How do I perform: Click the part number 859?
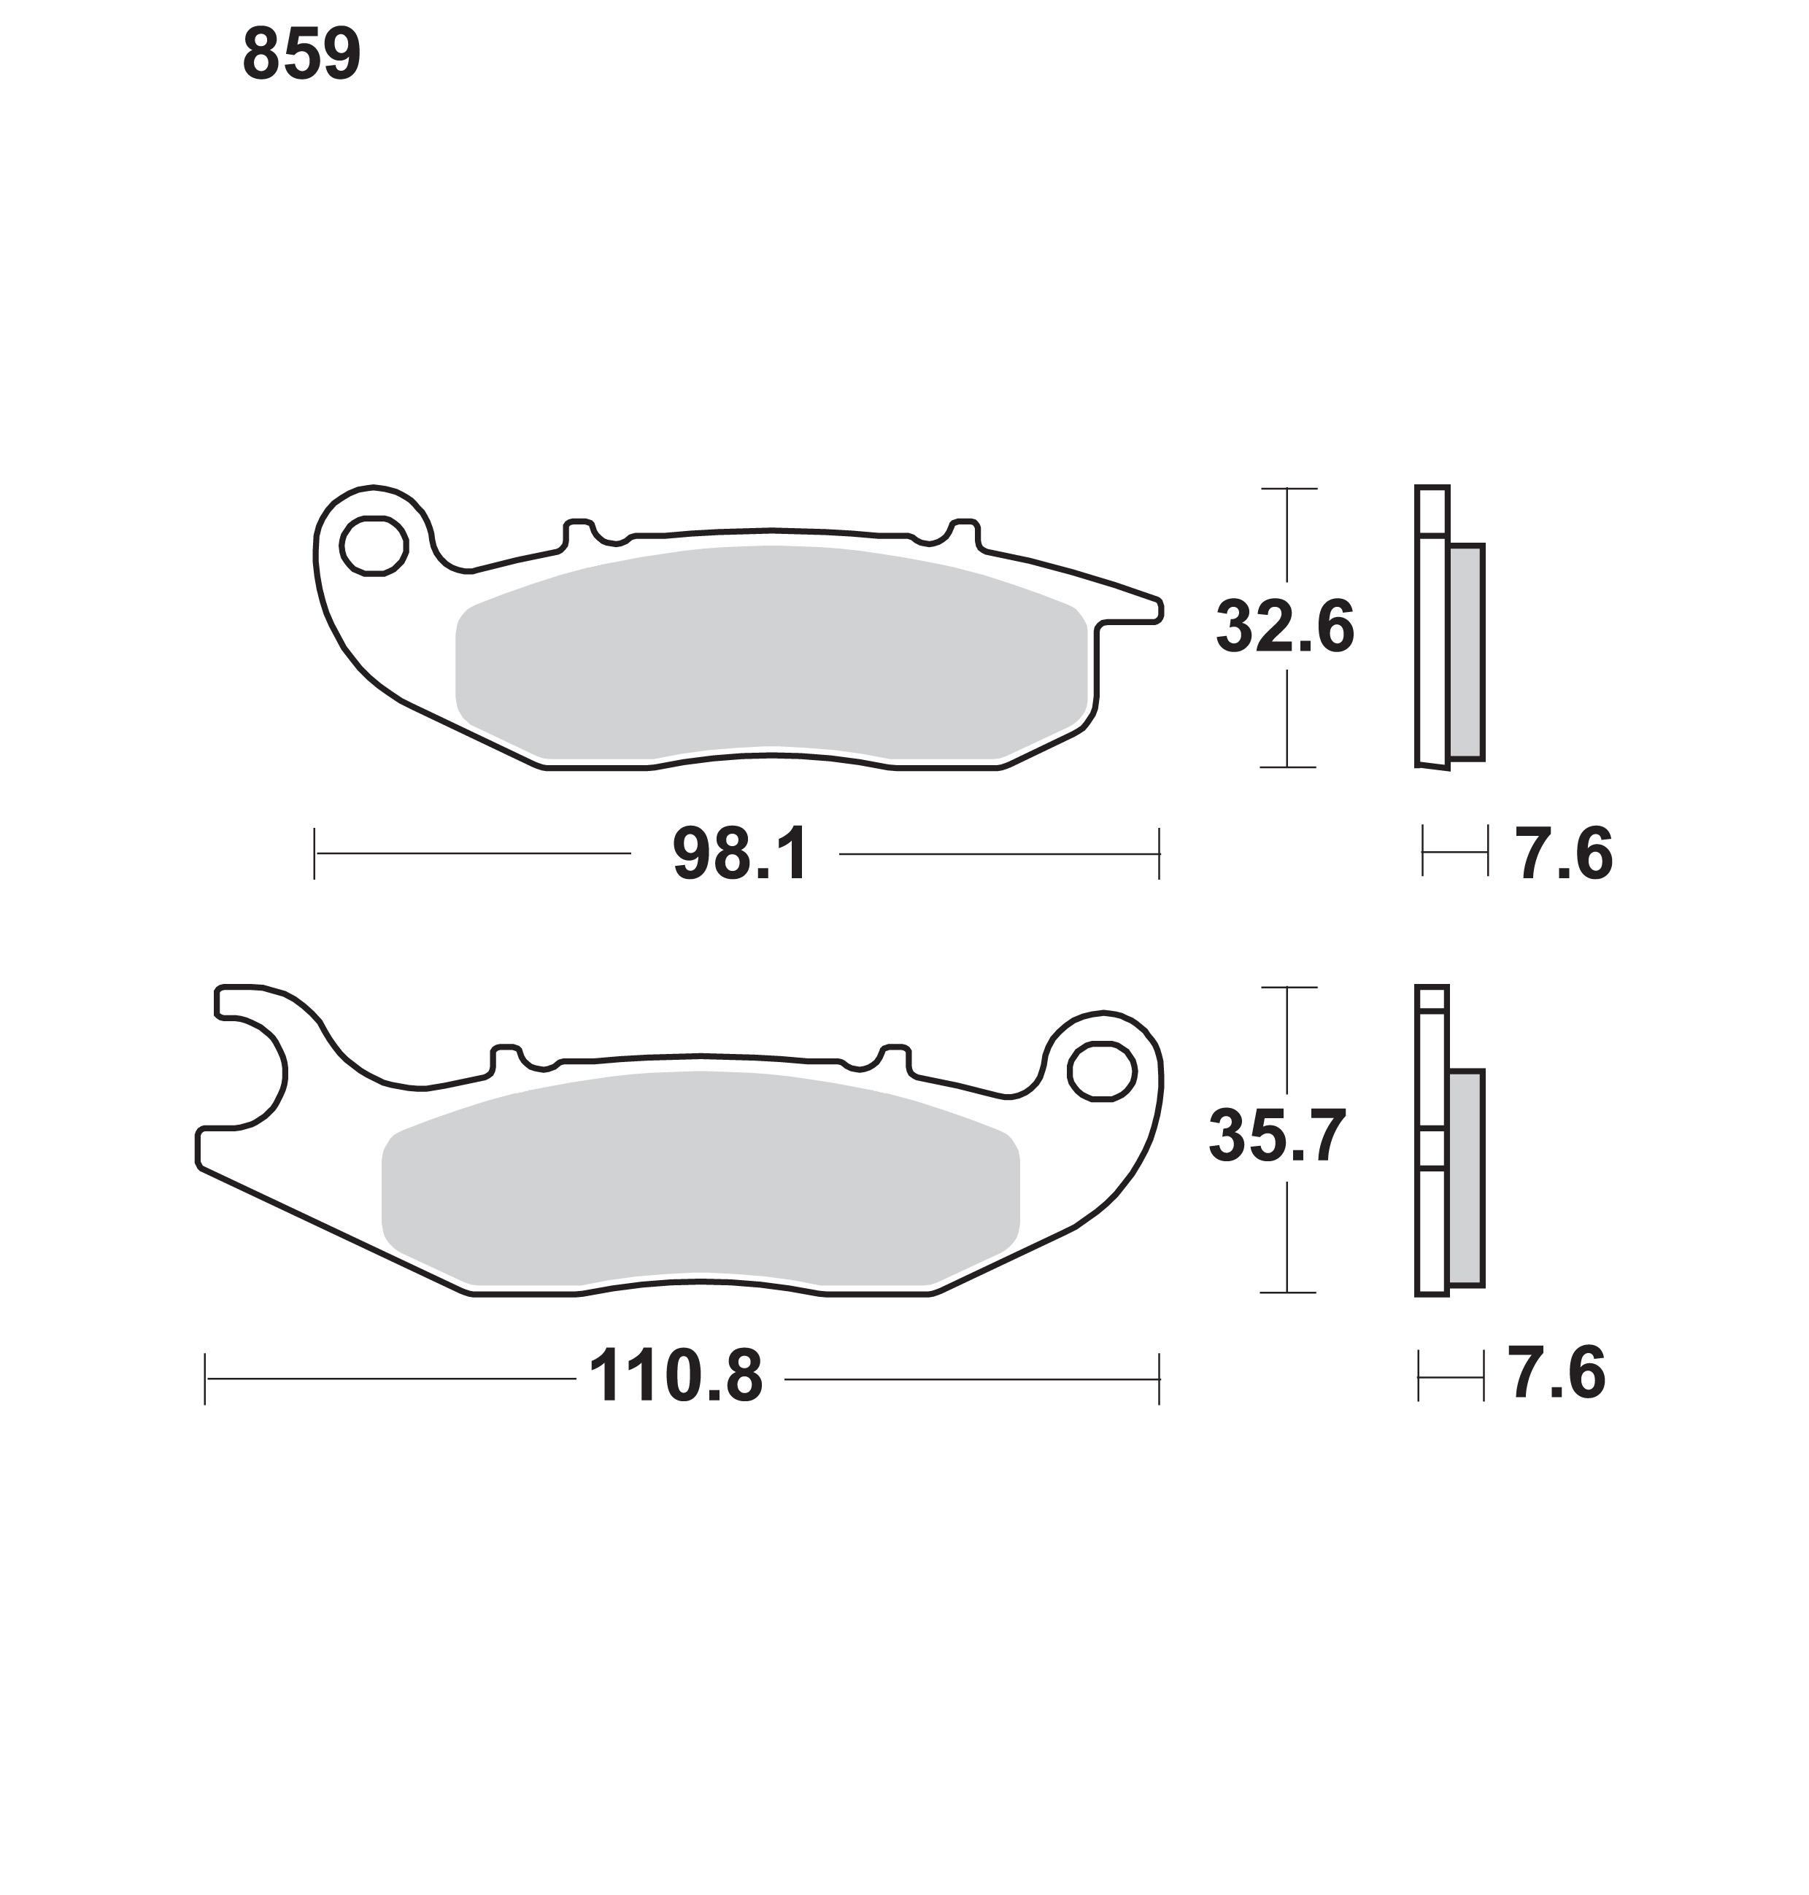302,54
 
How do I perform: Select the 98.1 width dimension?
740,855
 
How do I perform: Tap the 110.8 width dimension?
675,1377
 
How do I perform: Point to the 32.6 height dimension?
1285,627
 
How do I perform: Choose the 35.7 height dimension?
1278,1136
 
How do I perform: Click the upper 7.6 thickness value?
1564,854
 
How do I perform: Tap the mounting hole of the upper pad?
373,546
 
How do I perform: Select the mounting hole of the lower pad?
1101,1070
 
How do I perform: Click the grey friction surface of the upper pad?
771,654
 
